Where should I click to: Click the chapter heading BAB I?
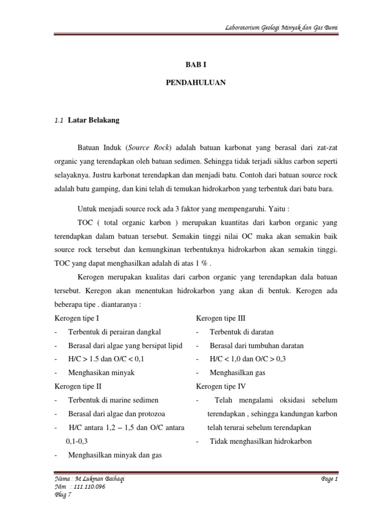195,65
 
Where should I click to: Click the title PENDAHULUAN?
195,82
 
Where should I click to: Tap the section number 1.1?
58,121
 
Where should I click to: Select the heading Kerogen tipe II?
78,387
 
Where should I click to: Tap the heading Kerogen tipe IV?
220,387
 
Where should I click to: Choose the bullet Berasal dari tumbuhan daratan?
257,346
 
